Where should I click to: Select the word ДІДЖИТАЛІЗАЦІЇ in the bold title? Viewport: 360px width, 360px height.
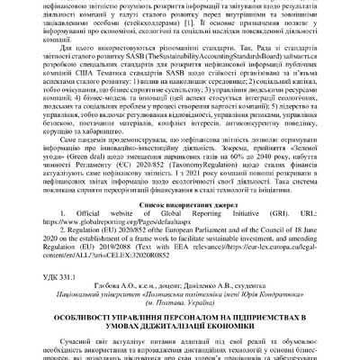[x=194, y=333]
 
